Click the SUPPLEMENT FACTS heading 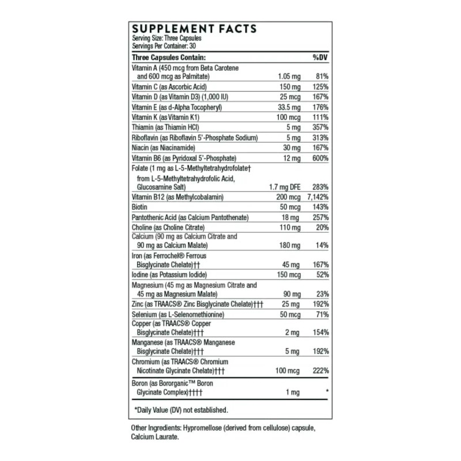194,29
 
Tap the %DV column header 320,58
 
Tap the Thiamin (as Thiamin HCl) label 168,127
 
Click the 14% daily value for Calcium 322,245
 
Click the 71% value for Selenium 322,314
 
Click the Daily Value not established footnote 181,410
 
